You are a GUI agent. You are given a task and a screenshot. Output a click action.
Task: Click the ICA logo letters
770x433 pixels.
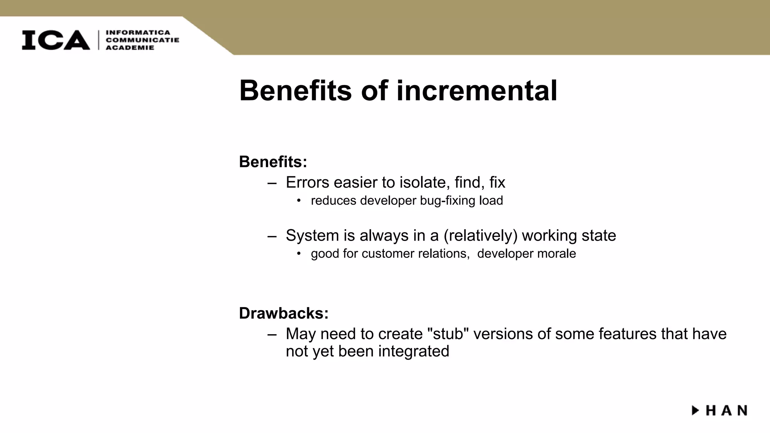[x=56, y=40]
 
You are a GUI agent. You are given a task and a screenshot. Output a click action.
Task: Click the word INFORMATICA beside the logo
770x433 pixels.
[x=138, y=32]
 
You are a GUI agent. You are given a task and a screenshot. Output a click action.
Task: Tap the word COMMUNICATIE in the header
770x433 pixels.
[x=142, y=40]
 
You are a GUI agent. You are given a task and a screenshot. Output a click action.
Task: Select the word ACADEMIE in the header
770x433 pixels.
[x=130, y=48]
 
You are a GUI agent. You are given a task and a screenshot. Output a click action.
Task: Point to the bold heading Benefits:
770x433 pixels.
[x=273, y=162]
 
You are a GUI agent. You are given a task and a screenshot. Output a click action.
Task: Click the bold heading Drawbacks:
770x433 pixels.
[x=283, y=313]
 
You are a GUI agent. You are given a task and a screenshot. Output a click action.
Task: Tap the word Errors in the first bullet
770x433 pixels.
[x=308, y=183]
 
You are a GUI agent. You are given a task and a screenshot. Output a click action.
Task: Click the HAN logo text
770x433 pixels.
[x=726, y=410]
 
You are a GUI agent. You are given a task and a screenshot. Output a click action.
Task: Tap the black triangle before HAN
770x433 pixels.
[x=695, y=410]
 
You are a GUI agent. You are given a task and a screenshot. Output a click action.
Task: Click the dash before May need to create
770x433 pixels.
[x=272, y=334]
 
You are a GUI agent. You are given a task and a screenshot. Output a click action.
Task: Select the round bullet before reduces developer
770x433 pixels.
[x=299, y=201]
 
